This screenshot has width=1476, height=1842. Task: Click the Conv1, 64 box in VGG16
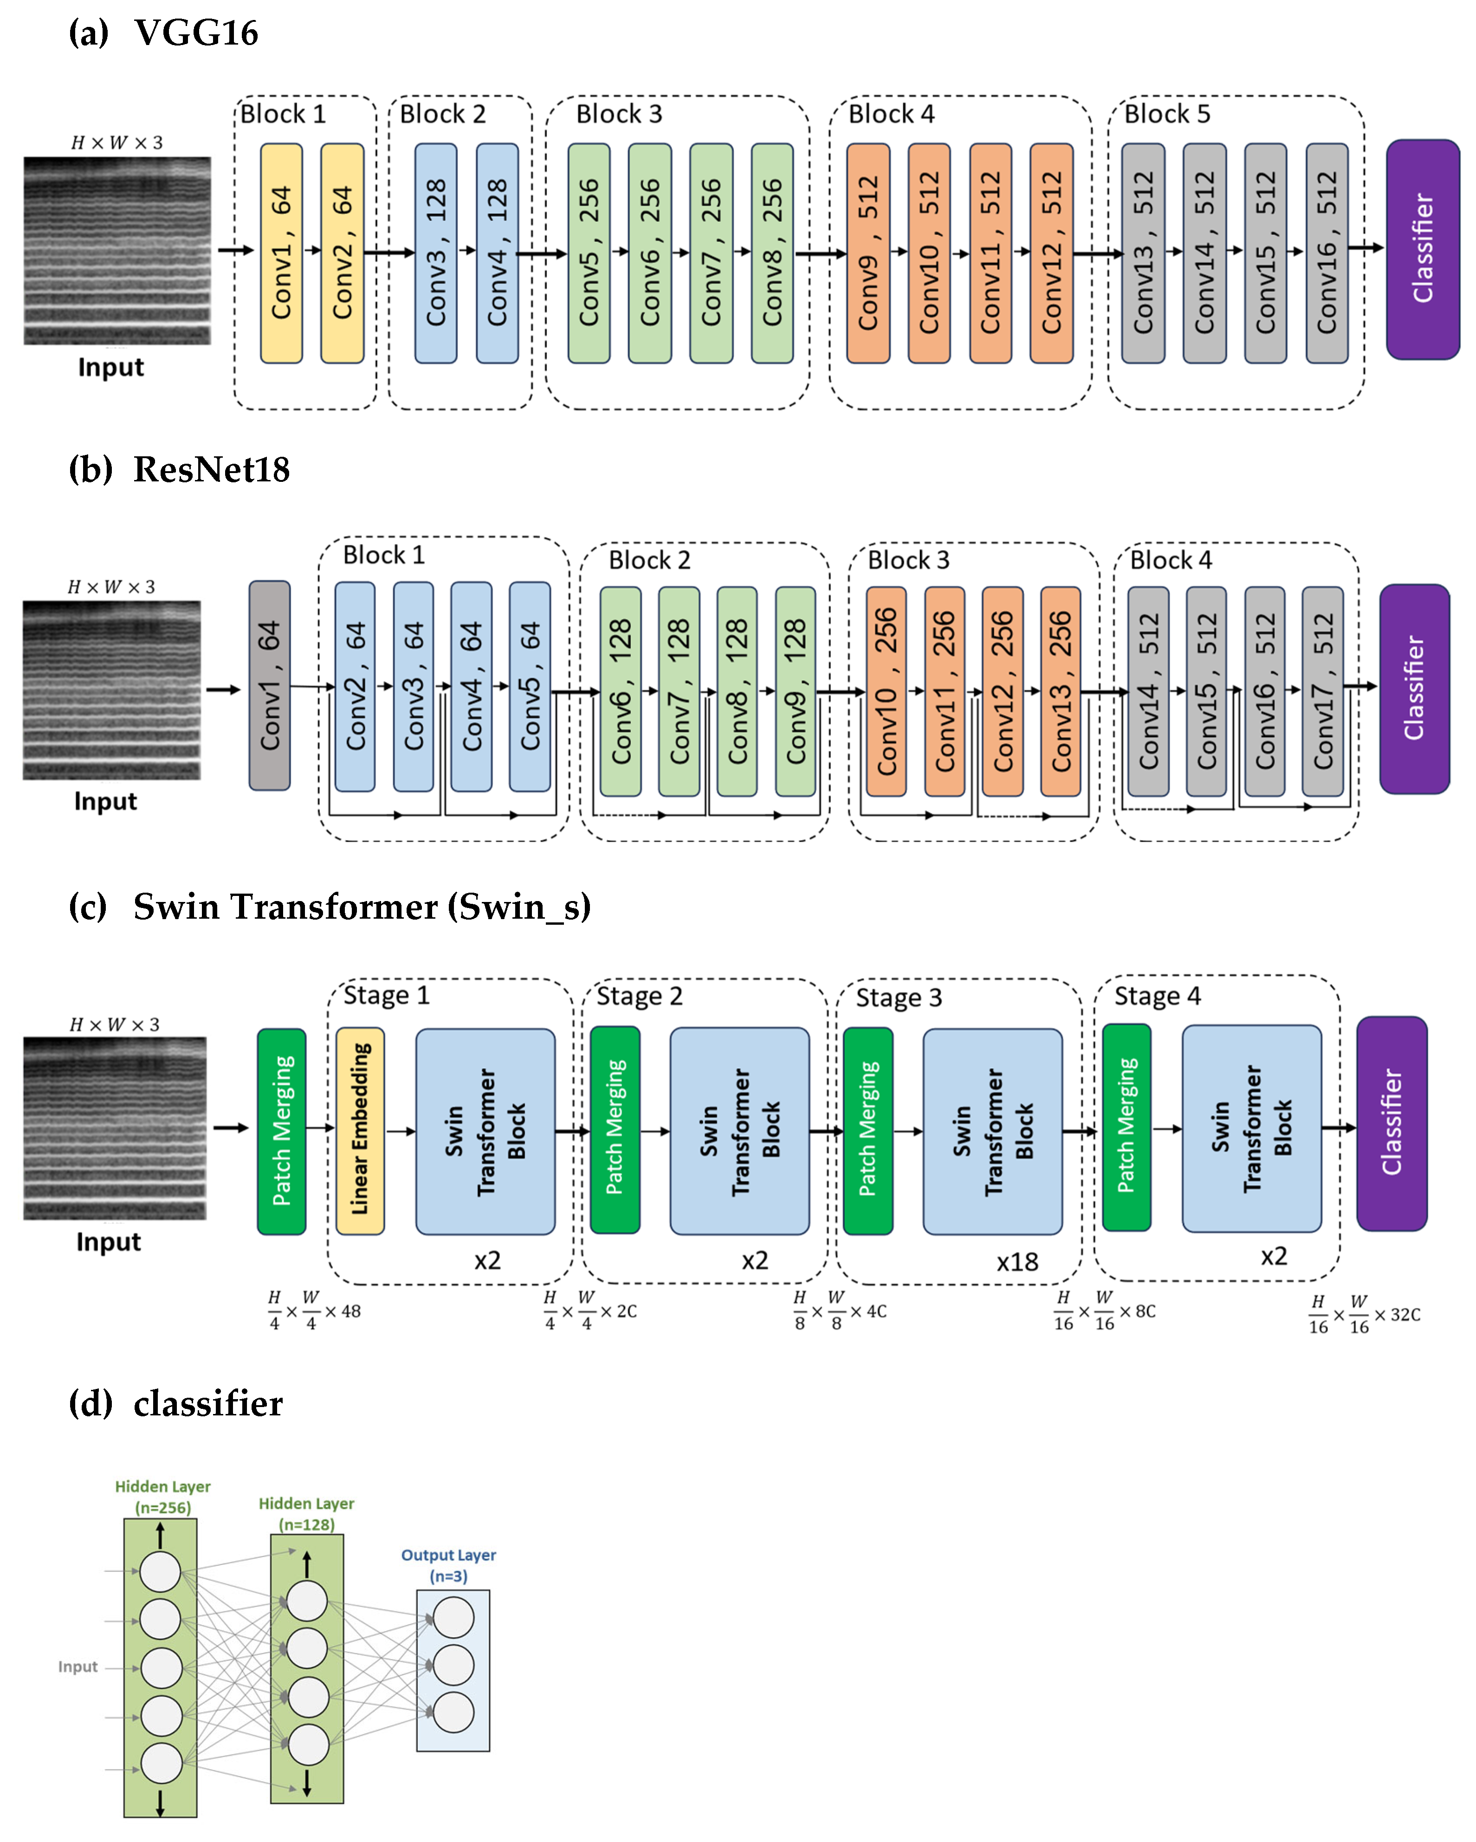[281, 253]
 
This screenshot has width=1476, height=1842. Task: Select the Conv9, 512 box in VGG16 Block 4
[868, 253]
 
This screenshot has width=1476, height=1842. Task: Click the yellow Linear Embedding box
[360, 1130]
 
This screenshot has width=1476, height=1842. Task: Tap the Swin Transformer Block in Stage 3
[992, 1130]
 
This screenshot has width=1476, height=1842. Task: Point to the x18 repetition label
[1016, 1262]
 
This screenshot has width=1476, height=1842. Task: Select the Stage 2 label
[639, 996]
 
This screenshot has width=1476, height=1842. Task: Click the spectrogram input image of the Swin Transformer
[115, 1128]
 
